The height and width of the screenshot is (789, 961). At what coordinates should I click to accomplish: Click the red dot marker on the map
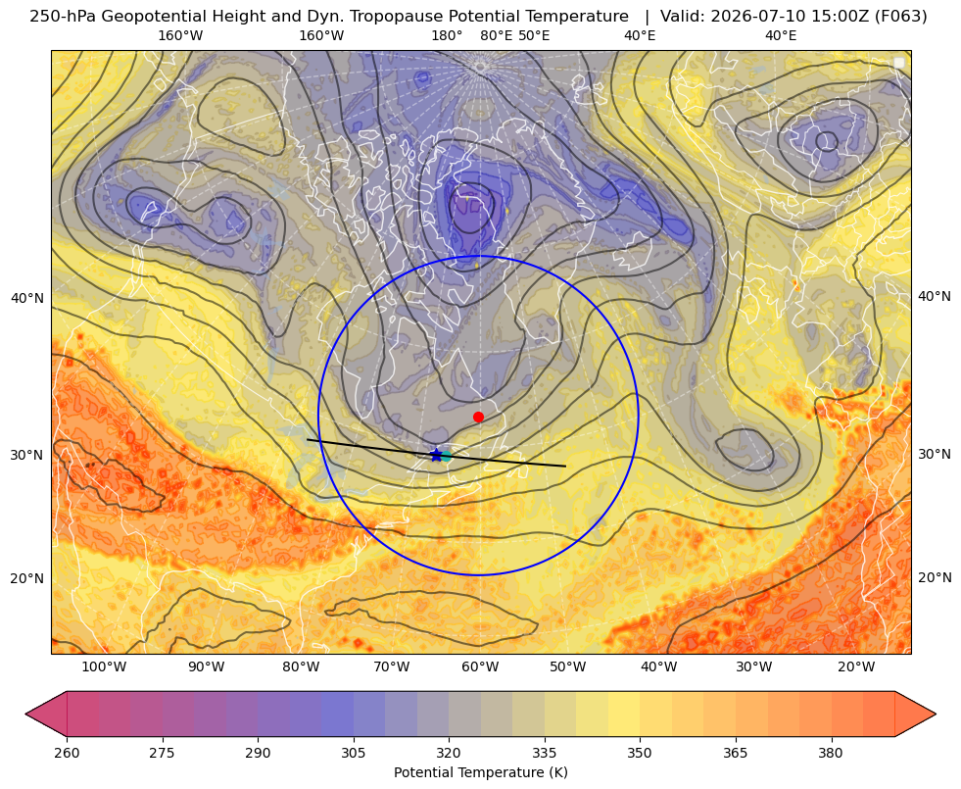coord(478,417)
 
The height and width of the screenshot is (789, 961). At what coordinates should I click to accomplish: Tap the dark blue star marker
coord(436,455)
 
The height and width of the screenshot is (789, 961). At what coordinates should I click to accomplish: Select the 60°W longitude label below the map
coord(480,667)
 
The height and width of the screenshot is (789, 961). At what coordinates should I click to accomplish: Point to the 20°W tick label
coord(856,667)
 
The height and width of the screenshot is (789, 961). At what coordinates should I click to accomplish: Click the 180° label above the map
coord(447,35)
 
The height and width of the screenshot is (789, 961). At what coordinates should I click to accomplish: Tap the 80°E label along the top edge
coord(497,35)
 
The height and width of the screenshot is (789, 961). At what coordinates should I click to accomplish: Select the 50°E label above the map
coord(534,35)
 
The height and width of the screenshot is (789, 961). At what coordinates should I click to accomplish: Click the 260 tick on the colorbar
coord(67,752)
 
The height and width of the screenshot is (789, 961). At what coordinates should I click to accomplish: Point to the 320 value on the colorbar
coord(449,752)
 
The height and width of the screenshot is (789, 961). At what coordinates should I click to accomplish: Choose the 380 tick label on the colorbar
coord(831,752)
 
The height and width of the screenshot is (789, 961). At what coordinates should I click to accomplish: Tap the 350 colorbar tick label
coord(640,752)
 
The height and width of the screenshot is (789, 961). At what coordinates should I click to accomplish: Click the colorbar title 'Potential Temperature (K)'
coord(480,772)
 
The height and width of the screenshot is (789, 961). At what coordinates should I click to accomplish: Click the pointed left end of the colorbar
coord(26,714)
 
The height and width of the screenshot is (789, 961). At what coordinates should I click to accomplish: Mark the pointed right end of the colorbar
coord(936,714)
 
